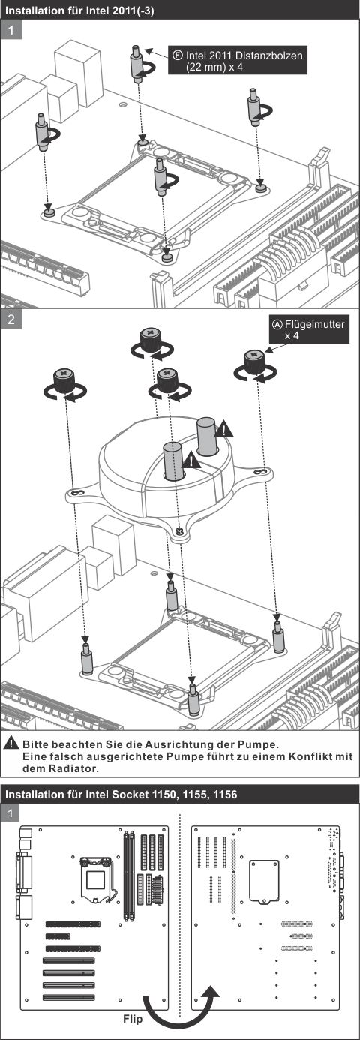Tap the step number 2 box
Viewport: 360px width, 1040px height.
pyautogui.click(x=11, y=320)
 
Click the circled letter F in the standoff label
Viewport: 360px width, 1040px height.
pyautogui.click(x=178, y=55)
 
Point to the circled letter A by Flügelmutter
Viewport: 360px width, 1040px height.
pyautogui.click(x=276, y=325)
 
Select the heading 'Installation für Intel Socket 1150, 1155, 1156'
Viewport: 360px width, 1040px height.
pyautogui.click(x=121, y=794)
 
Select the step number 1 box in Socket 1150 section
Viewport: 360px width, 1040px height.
pyautogui.click(x=11, y=813)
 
